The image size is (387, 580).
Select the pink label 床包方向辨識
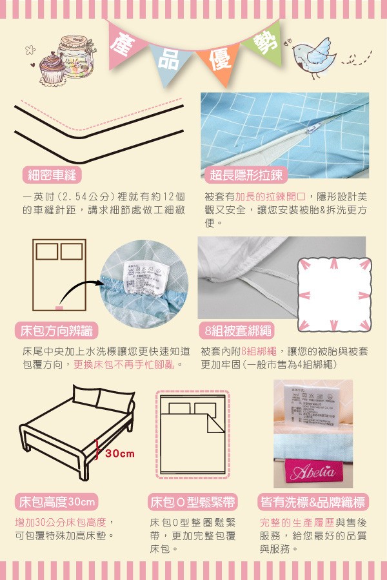click(x=57, y=331)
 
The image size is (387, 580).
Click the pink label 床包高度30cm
click(x=57, y=501)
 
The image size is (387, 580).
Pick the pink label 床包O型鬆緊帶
click(x=192, y=501)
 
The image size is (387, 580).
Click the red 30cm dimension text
click(x=120, y=454)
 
